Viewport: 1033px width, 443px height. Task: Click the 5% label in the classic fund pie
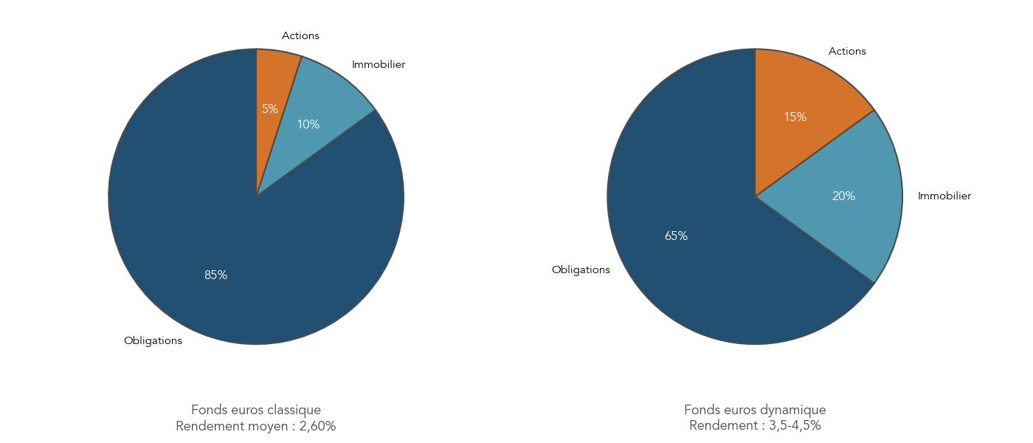[x=270, y=109]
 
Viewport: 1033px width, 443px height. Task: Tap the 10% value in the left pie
[x=308, y=125]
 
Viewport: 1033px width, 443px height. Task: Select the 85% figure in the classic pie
[x=216, y=275]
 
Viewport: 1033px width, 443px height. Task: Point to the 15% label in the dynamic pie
[x=795, y=117]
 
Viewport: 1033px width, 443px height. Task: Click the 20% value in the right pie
[x=843, y=196]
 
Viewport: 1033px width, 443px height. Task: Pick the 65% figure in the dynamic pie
[x=676, y=236]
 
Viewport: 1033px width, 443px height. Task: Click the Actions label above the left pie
[x=300, y=35]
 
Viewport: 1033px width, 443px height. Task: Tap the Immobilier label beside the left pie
[x=379, y=64]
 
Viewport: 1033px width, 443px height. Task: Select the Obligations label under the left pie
[x=153, y=341]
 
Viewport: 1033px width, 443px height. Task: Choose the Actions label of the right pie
[x=847, y=51]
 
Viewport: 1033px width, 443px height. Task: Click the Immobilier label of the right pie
[x=944, y=196]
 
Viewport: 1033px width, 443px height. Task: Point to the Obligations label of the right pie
[x=581, y=269]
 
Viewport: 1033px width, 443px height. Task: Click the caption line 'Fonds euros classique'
[x=256, y=410]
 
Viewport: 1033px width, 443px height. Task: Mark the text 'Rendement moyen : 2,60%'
[x=256, y=426]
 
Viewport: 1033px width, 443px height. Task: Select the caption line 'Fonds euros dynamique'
[x=755, y=410]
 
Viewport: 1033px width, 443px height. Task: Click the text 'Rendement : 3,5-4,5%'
[x=755, y=426]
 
